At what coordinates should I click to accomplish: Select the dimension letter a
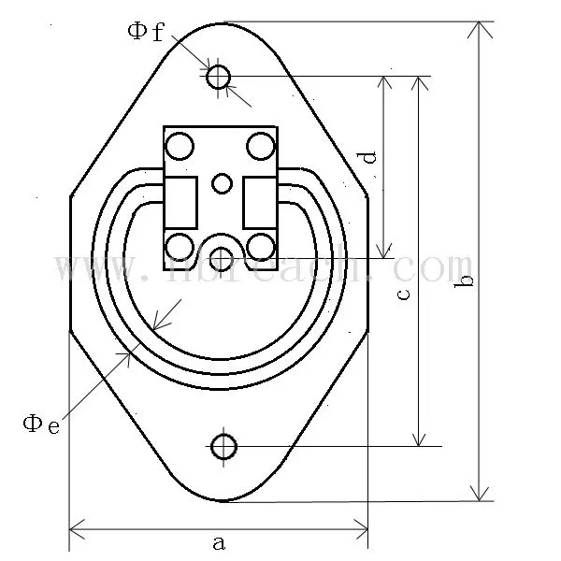(x=219, y=541)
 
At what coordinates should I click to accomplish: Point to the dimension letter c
(x=403, y=294)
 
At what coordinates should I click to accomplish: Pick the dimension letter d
(x=370, y=157)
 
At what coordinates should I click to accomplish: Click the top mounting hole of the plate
(x=219, y=76)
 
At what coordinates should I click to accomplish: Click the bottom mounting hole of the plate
(x=223, y=447)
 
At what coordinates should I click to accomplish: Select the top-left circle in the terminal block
(x=179, y=146)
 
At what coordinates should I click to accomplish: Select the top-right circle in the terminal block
(x=261, y=146)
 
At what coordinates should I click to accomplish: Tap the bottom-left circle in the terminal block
(x=179, y=246)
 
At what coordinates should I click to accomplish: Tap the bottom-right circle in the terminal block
(x=262, y=246)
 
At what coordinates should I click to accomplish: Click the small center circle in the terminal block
(x=222, y=183)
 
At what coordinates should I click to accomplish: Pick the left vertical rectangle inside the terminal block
(x=181, y=202)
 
